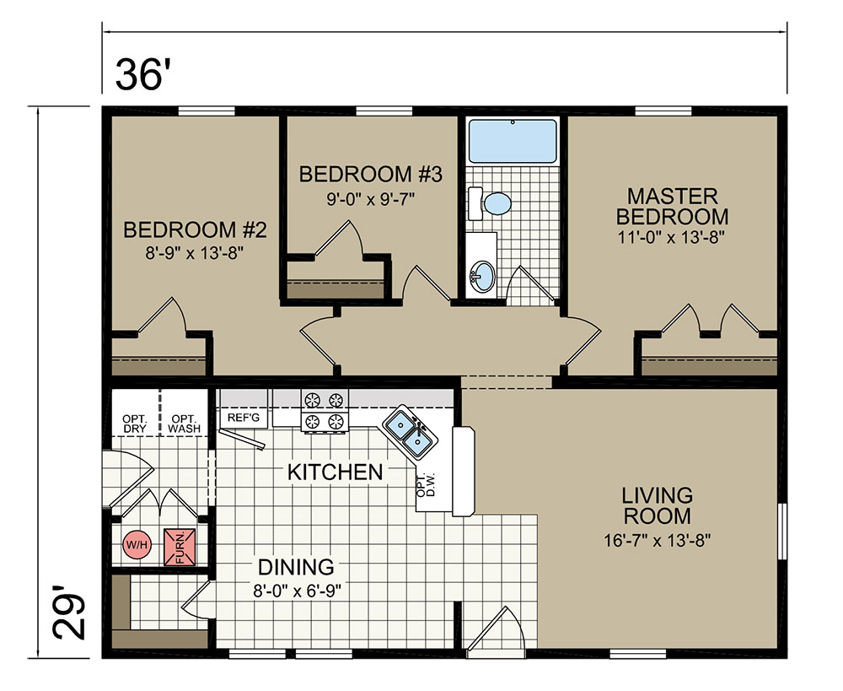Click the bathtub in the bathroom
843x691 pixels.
coord(513,141)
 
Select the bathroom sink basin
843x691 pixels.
coord(481,276)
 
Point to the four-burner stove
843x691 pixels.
coord(325,410)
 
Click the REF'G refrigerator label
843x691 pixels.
coord(244,418)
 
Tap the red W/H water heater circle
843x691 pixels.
coord(137,545)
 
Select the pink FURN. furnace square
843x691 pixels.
coord(180,547)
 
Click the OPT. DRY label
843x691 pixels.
coord(134,424)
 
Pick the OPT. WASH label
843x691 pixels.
coord(185,424)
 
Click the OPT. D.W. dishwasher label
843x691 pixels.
coord(425,485)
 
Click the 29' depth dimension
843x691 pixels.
coord(69,612)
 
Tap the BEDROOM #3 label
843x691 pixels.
coord(370,175)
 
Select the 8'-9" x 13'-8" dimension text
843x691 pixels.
coord(195,252)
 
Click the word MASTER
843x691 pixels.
coord(673,196)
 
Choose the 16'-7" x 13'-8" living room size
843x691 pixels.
coord(658,540)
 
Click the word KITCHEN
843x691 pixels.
coord(335,472)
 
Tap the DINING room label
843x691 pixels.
coord(296,567)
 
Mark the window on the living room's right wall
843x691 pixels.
coord(782,532)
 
